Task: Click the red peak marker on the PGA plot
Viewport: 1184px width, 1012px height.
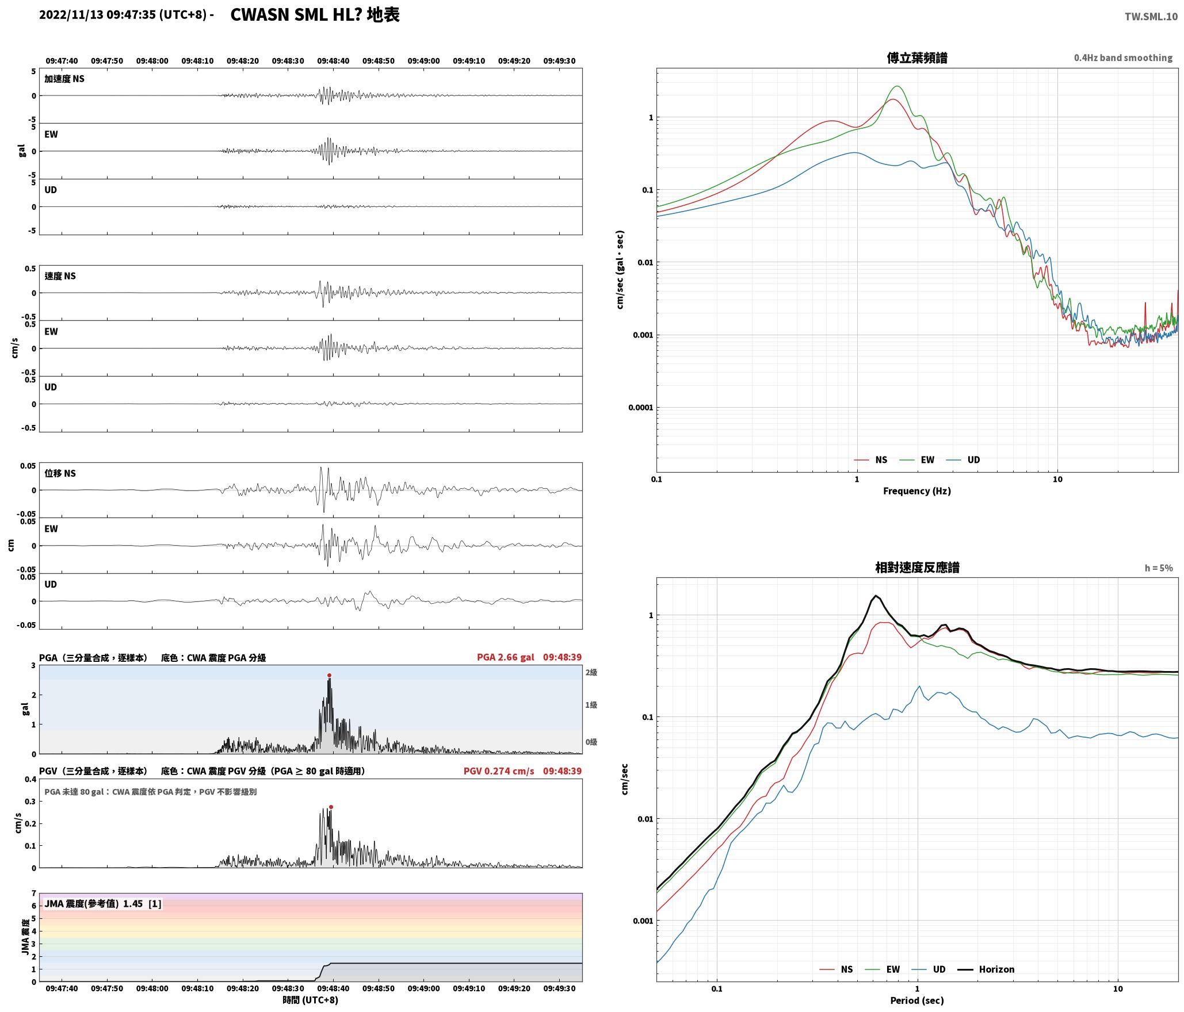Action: coord(329,675)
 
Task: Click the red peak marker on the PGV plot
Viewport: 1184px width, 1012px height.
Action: coord(331,807)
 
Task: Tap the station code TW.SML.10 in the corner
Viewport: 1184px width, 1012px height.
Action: coord(1151,17)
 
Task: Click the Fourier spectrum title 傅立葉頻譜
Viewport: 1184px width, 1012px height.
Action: coord(917,57)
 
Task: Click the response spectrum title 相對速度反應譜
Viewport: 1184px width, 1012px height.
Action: coord(917,567)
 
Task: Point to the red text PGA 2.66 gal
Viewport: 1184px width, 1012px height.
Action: coord(505,657)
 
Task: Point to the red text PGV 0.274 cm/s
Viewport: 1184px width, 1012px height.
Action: coord(499,770)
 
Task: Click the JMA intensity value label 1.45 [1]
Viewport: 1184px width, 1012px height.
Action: coord(142,903)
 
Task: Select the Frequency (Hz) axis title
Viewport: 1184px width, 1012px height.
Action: coord(917,490)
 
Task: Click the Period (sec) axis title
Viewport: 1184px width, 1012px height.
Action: coord(917,1000)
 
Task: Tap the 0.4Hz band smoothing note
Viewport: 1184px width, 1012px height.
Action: coord(1123,57)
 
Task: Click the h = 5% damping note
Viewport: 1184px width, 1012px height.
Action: coord(1159,568)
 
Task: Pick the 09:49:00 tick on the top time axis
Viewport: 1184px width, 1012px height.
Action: coord(423,60)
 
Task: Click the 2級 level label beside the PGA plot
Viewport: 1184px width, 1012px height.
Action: coord(591,672)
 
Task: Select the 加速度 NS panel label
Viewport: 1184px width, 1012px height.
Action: coord(64,79)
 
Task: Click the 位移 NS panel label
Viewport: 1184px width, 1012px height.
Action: coord(60,473)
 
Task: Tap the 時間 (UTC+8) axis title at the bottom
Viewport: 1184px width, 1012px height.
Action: coord(310,999)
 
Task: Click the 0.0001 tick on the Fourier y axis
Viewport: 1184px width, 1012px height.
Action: coord(640,408)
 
